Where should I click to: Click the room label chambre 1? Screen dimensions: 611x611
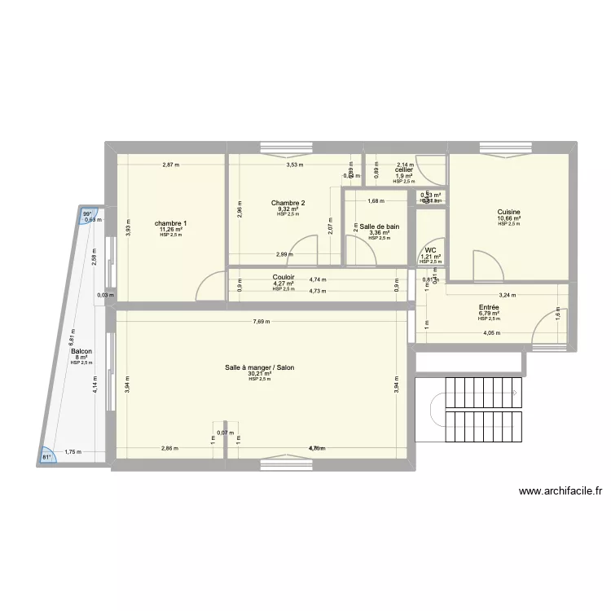pyautogui.click(x=171, y=223)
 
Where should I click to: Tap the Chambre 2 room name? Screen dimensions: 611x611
pyautogui.click(x=288, y=203)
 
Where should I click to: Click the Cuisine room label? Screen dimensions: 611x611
pyautogui.click(x=509, y=213)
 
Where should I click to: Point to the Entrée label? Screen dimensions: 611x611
pyautogui.click(x=489, y=308)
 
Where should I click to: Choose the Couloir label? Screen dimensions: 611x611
pyautogui.click(x=284, y=277)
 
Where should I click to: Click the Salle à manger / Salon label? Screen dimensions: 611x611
pyautogui.click(x=259, y=368)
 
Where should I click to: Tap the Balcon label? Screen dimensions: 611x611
pyautogui.click(x=81, y=352)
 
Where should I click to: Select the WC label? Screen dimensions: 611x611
pyautogui.click(x=430, y=251)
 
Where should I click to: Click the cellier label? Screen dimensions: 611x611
pyautogui.click(x=403, y=170)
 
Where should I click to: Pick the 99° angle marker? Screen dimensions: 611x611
pyautogui.click(x=86, y=214)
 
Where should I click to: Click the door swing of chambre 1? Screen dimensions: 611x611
pyautogui.click(x=210, y=286)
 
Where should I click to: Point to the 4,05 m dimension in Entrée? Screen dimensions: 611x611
pyautogui.click(x=492, y=332)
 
